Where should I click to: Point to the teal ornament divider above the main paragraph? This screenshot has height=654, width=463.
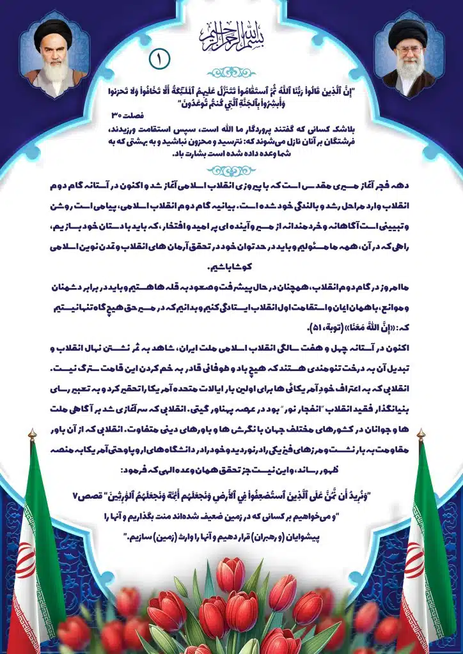click(231, 170)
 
